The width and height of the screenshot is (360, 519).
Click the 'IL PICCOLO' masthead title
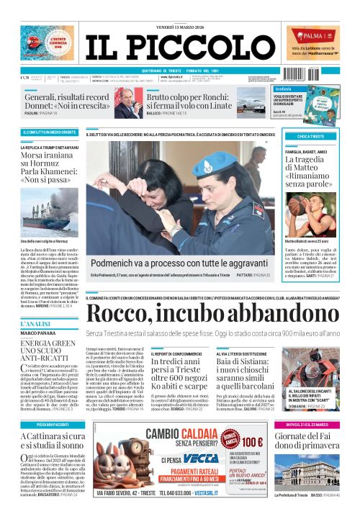pos(179,43)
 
